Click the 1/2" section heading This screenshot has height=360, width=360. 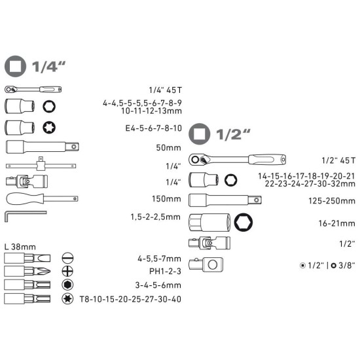pyautogui.click(x=220, y=135)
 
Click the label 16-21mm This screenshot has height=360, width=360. pyautogui.click(x=337, y=223)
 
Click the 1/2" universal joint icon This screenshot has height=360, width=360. pyautogui.click(x=206, y=243)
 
